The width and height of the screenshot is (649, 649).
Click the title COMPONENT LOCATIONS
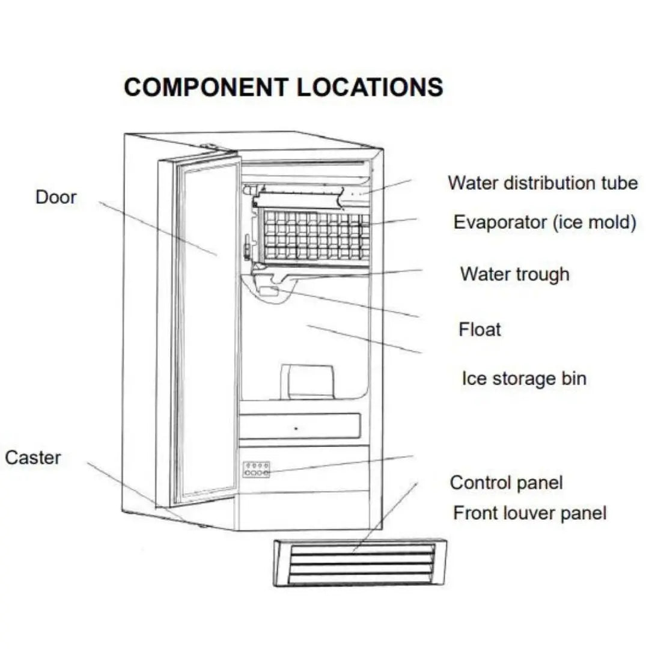coord(283,87)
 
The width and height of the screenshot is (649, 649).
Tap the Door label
coord(56,197)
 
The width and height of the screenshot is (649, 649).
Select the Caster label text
coord(33,457)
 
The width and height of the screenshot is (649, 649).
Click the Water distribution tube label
coord(543,182)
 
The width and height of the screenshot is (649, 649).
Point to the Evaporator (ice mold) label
coord(544,222)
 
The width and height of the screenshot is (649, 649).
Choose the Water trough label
coord(514,274)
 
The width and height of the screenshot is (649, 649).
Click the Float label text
coord(480,329)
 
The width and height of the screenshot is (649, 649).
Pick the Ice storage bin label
coord(523,379)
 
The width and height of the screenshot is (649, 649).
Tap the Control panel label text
coord(506,482)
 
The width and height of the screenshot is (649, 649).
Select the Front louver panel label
coord(529,513)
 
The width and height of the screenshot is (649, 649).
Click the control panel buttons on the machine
coord(257,469)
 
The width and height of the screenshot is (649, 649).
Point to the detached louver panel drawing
coord(361,562)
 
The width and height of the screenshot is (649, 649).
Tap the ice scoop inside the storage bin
coord(309,381)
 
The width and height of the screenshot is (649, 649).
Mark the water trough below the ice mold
coord(288,277)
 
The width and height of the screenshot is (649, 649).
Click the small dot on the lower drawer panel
coord(296,429)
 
